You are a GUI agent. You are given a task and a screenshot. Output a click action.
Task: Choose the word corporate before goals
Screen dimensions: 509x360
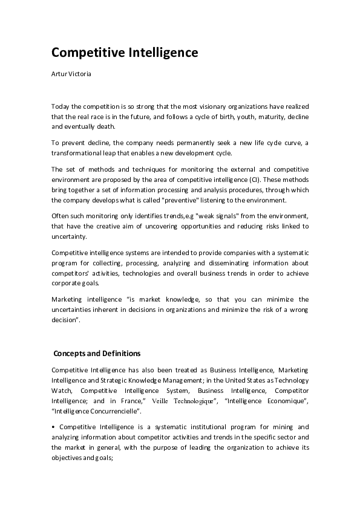pos(68,283)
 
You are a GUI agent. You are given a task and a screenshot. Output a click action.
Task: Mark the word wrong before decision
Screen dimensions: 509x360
pos(296,310)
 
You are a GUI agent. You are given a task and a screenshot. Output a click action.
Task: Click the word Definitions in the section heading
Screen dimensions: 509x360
pos(119,353)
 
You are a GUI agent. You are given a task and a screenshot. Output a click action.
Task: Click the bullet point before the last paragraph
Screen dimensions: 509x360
pos(53,427)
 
